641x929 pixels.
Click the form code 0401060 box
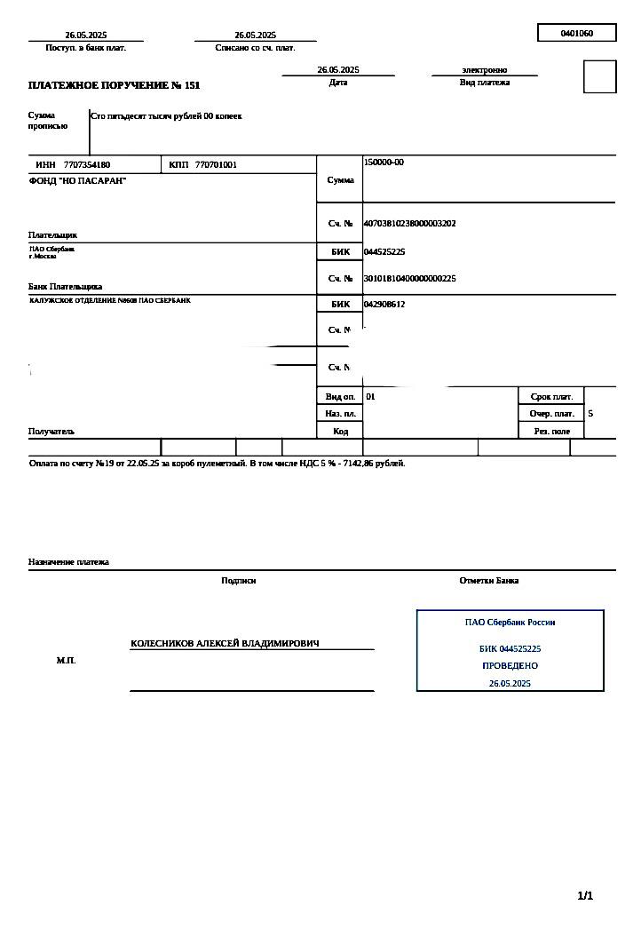point(576,34)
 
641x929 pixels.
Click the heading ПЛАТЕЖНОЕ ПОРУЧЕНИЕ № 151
point(115,85)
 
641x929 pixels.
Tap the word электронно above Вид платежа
point(484,69)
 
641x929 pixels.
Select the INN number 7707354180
point(87,165)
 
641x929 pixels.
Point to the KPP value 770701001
point(216,165)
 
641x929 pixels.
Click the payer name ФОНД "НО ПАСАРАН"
point(78,181)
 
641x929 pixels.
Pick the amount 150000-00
point(384,163)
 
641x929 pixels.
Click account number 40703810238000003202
point(409,224)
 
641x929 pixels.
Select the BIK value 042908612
point(384,304)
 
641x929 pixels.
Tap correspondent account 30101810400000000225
point(409,279)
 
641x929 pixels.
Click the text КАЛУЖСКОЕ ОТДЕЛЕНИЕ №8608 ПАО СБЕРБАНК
point(110,300)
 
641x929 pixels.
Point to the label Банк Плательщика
point(65,287)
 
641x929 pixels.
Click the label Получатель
point(51,432)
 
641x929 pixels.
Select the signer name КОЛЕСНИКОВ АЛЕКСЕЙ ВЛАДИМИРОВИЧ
point(225,643)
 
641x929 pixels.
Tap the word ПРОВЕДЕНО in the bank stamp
point(510,665)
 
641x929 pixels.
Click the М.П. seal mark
point(66,661)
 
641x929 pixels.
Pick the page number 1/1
point(585,895)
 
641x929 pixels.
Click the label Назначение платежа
point(68,562)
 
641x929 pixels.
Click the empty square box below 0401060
point(599,76)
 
